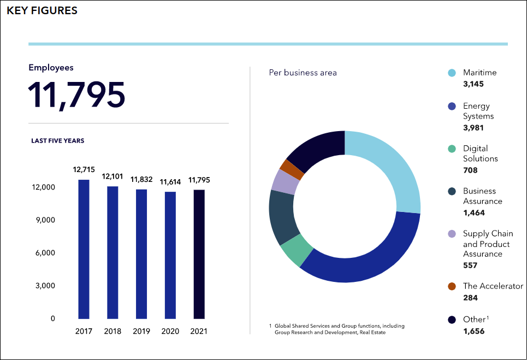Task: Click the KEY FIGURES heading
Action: pos(42,10)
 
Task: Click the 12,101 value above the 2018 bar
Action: pos(113,177)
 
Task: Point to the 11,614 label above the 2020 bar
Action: pos(170,182)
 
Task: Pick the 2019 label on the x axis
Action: pos(141,332)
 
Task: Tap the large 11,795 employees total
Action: pos(76,95)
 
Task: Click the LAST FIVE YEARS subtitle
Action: pos(57,141)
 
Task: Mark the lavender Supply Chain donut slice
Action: pos(285,182)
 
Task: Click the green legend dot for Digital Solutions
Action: pos(452,149)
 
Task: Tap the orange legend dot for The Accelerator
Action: pos(452,286)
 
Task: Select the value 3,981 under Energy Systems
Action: pos(473,128)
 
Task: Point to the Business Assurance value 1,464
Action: pos(473,213)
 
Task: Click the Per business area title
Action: pos(303,73)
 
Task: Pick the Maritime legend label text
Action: pos(479,73)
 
